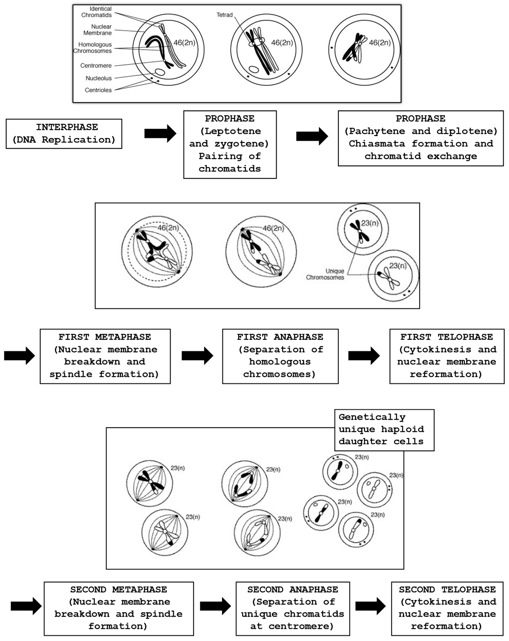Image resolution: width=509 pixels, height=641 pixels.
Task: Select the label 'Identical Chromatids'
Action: (97, 12)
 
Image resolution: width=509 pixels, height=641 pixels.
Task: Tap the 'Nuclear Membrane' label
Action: (98, 30)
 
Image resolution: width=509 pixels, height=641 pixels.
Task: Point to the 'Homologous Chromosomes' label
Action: (93, 48)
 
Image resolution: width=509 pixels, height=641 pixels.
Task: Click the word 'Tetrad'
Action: (224, 15)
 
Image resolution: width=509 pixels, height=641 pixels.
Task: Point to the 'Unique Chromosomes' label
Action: (325, 274)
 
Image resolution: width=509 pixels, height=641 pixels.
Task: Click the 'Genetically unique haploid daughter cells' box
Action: (384, 430)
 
